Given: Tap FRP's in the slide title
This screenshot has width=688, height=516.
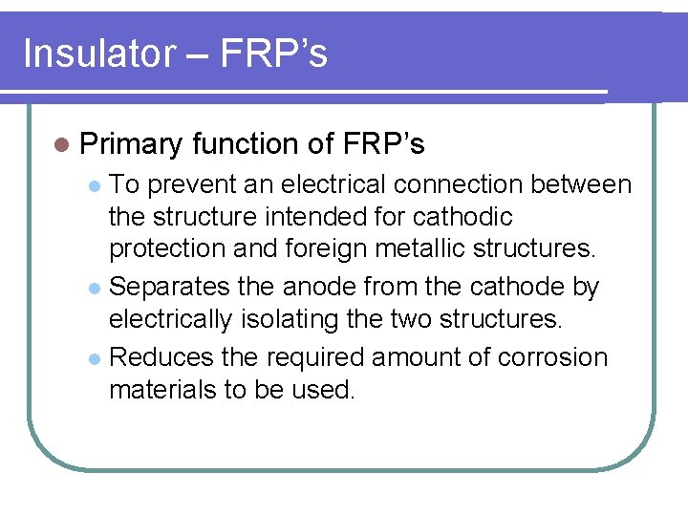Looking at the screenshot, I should click(273, 54).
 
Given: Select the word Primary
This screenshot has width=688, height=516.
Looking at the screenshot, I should click(131, 144).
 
